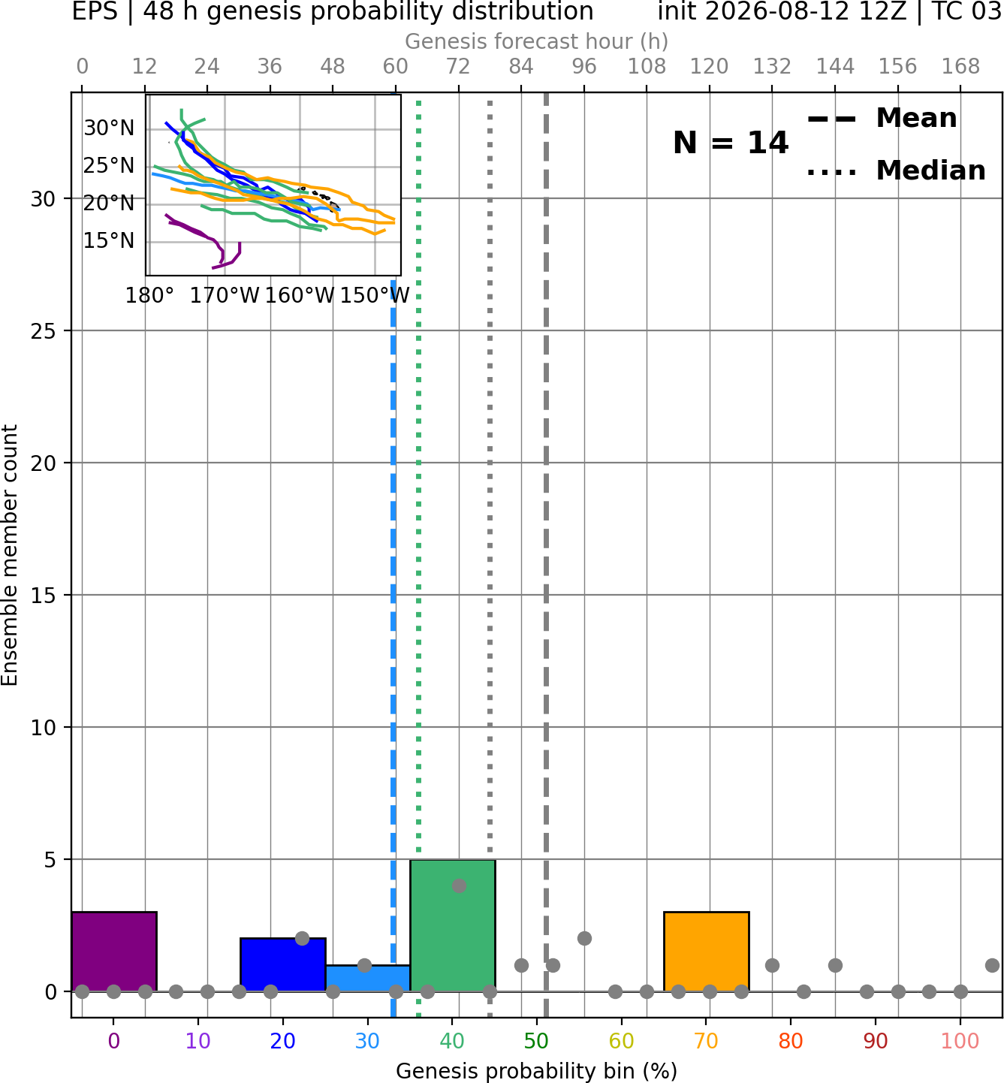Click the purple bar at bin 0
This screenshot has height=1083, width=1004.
(x=114, y=951)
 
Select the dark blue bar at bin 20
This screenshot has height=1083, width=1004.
(x=283, y=964)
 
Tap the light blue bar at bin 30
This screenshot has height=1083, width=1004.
(x=368, y=978)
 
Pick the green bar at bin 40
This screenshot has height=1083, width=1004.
(x=453, y=925)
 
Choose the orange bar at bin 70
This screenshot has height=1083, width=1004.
(x=706, y=951)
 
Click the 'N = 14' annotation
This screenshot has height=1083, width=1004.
(x=731, y=143)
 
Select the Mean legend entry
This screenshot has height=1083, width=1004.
(x=882, y=119)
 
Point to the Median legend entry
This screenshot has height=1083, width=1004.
(x=896, y=170)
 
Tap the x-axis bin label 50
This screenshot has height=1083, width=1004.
(x=536, y=1041)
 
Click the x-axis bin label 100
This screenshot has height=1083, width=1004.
(x=960, y=1041)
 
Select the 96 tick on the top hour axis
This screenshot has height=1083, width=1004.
(x=584, y=67)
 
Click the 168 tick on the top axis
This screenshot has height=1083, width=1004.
(x=961, y=67)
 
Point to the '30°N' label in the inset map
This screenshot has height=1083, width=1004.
(x=109, y=128)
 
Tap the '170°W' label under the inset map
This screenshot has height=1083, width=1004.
(x=224, y=296)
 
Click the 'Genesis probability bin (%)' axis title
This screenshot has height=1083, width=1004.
(x=537, y=1071)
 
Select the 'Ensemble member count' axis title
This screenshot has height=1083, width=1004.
(x=10, y=555)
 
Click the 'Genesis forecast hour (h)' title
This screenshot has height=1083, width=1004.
(x=537, y=41)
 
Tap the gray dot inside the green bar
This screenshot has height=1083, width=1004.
(x=459, y=885)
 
